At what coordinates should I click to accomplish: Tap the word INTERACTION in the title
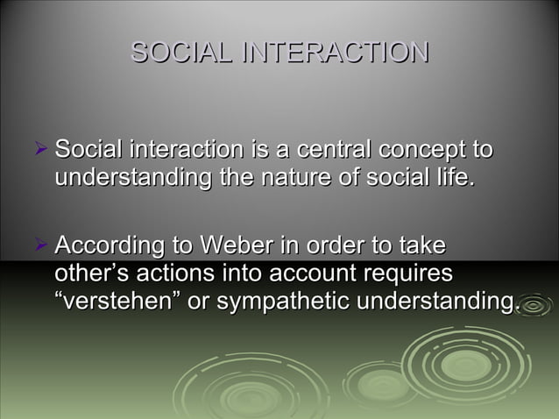[x=336, y=52]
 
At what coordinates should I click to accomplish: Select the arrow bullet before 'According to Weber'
[x=39, y=242]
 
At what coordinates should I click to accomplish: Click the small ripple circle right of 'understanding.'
[x=534, y=303]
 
